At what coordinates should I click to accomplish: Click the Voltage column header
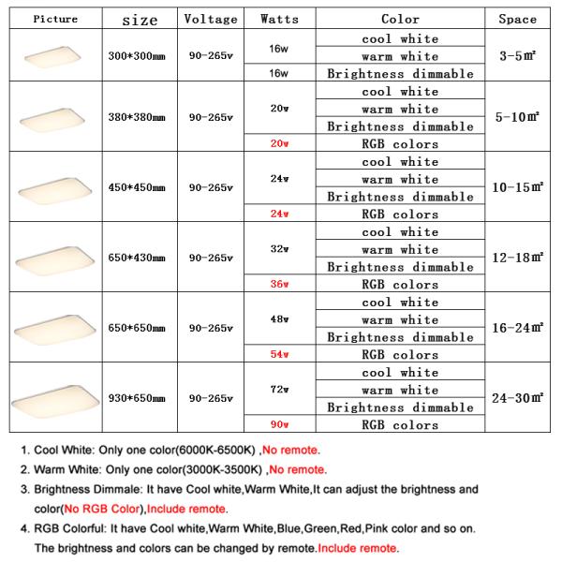(211, 19)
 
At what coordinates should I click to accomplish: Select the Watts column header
(278, 19)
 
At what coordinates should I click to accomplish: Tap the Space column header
(517, 19)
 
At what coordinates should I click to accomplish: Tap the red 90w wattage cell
(278, 425)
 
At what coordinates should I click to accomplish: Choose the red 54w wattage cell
(278, 355)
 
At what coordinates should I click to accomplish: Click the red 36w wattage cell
(278, 285)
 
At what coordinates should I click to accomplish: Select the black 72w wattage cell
(278, 388)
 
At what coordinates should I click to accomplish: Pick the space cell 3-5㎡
(517, 56)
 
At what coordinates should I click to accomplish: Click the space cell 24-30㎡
(517, 399)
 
